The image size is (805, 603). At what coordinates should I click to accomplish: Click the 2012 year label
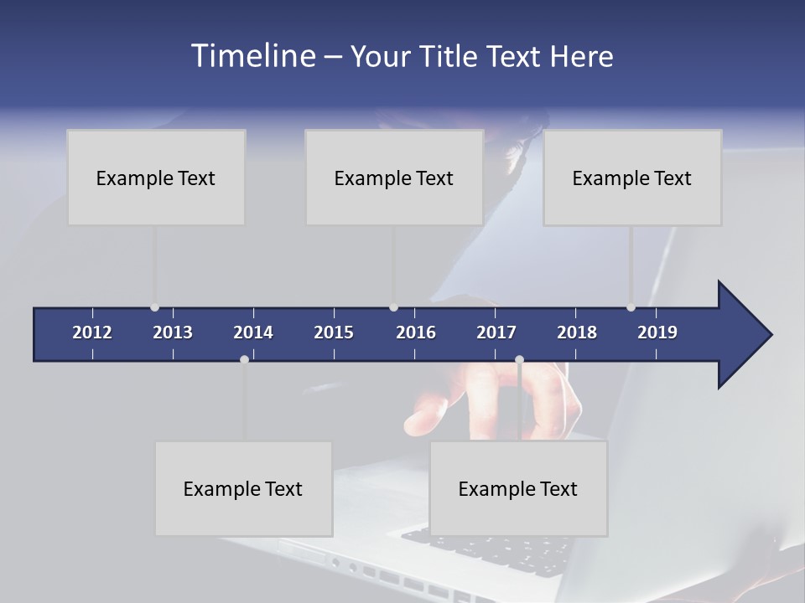point(92,332)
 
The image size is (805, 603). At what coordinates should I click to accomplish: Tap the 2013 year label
point(173,332)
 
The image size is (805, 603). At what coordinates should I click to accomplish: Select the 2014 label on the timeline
point(253,332)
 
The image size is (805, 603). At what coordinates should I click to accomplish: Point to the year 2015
point(334,332)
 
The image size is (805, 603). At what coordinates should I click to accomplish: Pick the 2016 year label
point(416,332)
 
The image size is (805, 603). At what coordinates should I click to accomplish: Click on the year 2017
point(496,332)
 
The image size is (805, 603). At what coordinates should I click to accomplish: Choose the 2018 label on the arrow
point(577,332)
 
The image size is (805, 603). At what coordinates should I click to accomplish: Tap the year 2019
point(657,332)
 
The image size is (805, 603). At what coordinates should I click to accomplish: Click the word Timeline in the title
point(252,56)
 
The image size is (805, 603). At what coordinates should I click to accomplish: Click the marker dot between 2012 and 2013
point(154,307)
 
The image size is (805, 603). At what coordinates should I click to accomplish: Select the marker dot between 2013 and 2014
point(244,359)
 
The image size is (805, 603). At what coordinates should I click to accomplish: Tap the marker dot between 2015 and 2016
point(393,307)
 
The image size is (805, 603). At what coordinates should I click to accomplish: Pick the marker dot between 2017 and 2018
point(519,359)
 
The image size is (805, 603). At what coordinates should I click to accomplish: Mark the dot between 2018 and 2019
point(631,307)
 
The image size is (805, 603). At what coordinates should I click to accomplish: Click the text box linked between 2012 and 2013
point(156,178)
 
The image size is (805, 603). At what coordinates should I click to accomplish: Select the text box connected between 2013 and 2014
point(243,488)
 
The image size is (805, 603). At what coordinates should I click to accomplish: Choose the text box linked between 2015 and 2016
point(394,178)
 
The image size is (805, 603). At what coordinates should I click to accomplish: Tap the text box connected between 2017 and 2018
point(518,488)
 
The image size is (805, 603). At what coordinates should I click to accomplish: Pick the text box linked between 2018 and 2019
point(632,178)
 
